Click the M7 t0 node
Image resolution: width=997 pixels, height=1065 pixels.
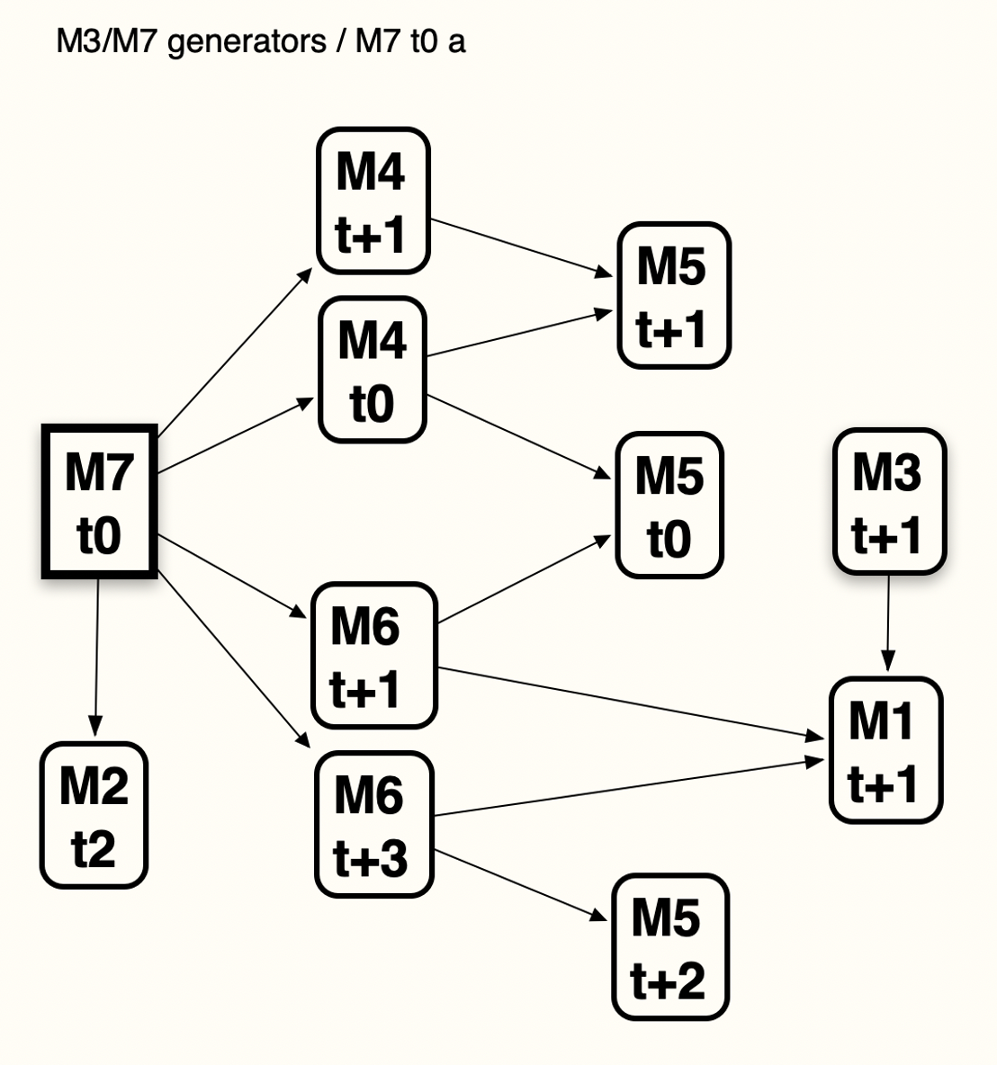tap(100, 502)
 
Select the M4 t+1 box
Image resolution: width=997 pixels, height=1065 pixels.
tap(373, 201)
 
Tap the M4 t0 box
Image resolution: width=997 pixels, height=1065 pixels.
tap(373, 370)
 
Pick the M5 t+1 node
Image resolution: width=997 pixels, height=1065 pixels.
tap(673, 296)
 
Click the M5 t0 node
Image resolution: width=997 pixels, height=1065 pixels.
tap(669, 506)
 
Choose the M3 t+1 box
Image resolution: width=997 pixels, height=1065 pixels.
tap(889, 501)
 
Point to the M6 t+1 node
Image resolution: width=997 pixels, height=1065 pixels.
tap(373, 656)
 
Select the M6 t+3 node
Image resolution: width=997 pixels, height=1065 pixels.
tap(373, 825)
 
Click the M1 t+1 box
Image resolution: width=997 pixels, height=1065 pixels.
tap(885, 751)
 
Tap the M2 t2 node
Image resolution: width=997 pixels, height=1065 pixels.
tap(94, 815)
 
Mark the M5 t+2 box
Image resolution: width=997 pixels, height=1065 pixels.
tap(669, 946)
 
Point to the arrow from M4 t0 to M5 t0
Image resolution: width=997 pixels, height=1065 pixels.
tap(517, 437)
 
